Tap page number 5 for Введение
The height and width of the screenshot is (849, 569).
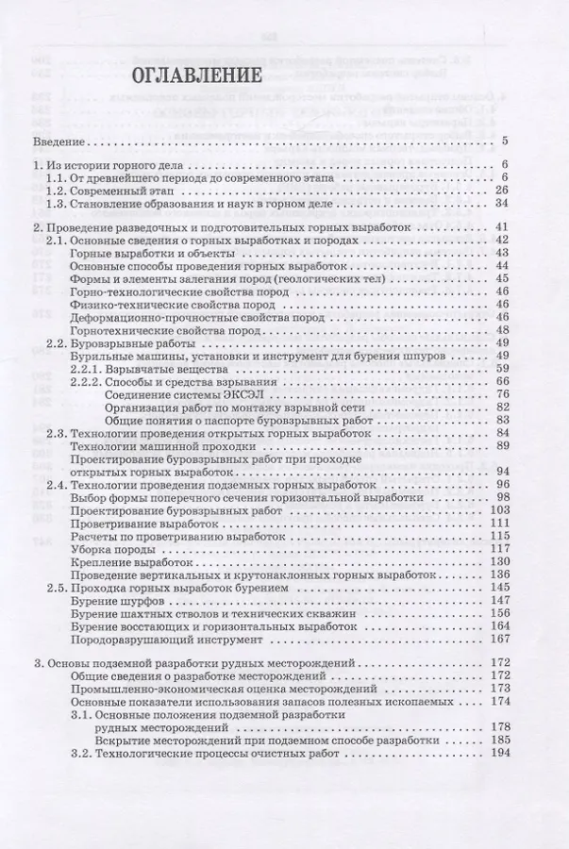tap(506, 142)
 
